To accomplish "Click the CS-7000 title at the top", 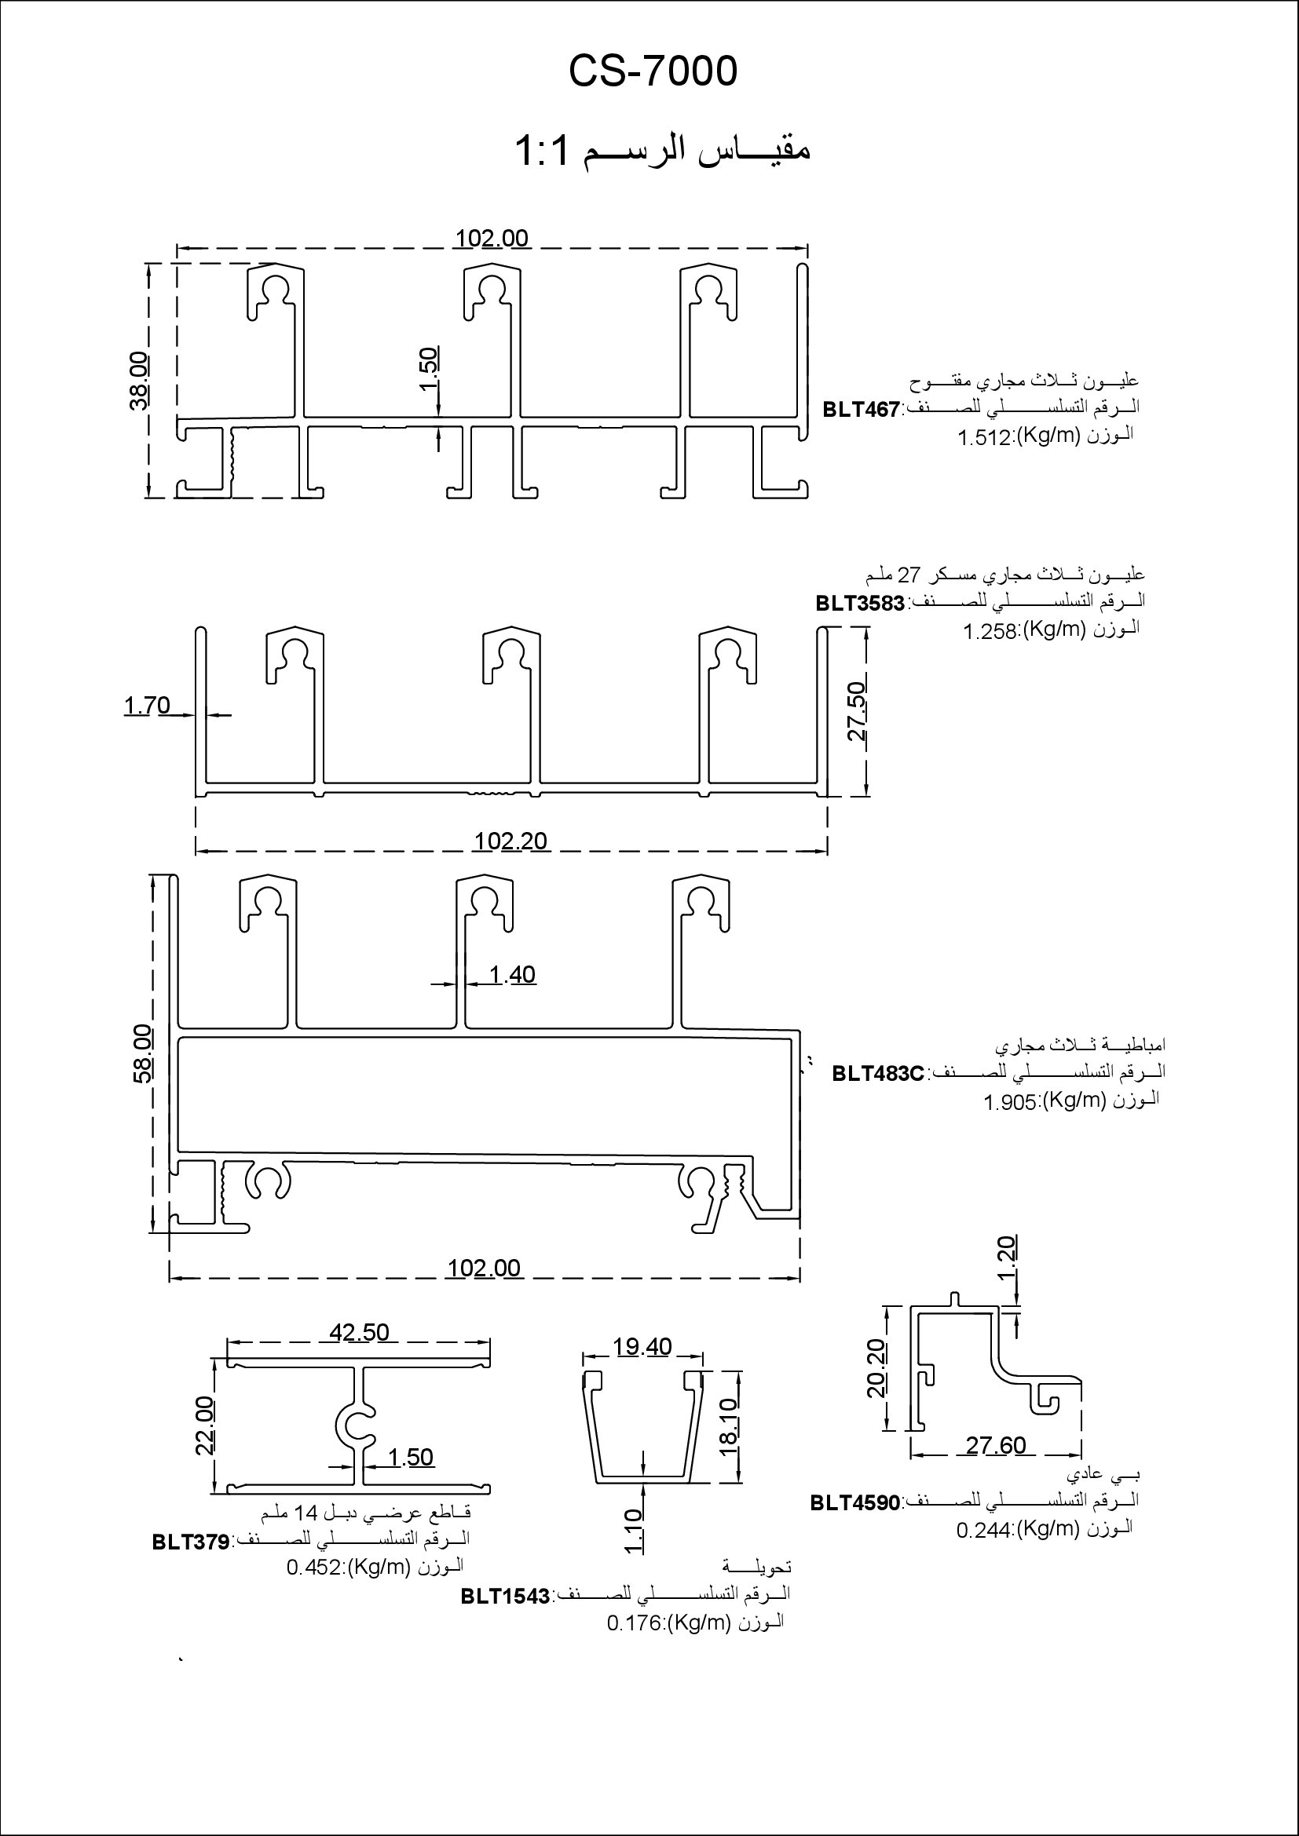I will coord(653,71).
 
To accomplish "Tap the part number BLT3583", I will coord(860,603).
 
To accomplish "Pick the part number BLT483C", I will coord(877,1073).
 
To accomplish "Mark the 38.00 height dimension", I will coord(138,381).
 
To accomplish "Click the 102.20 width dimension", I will coord(510,841).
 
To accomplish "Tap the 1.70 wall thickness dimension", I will coord(147,706).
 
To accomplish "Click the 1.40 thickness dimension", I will coord(512,975).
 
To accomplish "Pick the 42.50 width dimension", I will coord(359,1332).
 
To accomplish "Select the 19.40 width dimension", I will coord(642,1348).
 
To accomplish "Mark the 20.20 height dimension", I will coord(877,1368).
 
